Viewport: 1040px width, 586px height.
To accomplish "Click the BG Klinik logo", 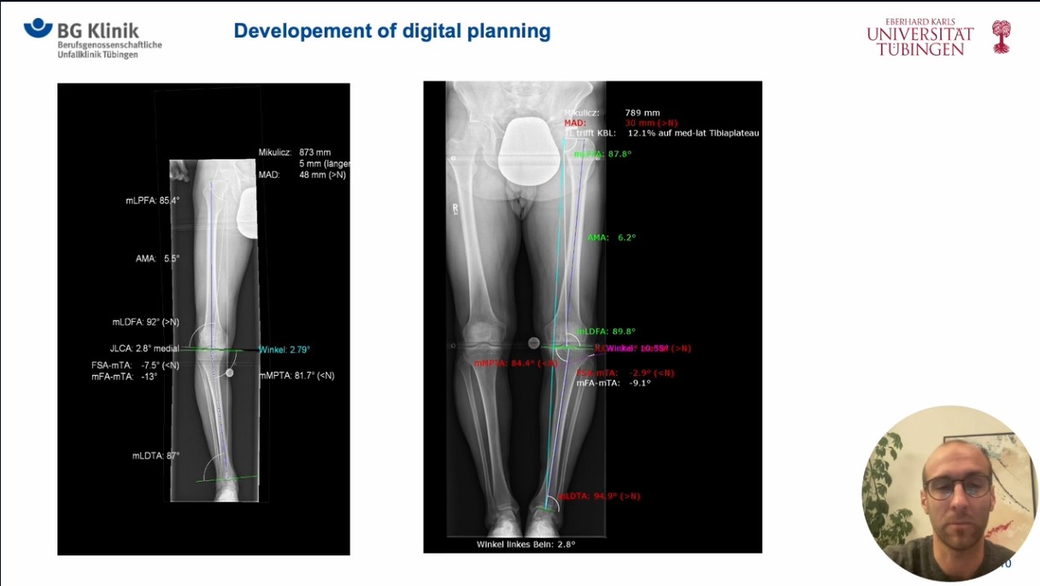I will pos(92,38).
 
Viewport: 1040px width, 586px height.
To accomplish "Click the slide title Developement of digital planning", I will pos(391,32).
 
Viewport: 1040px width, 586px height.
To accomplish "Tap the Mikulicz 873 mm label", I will pos(295,152).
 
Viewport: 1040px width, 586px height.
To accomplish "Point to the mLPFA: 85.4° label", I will pos(152,201).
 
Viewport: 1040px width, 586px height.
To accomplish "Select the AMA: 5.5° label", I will pos(157,258).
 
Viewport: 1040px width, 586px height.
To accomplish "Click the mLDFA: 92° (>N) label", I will pos(145,322).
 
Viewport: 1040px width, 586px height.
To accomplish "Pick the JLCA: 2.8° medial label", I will pos(144,349).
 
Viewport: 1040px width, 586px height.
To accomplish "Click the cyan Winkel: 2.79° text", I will pos(285,349).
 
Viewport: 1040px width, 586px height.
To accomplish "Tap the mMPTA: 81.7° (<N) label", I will pos(297,375).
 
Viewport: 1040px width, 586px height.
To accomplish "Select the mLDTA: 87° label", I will pos(156,456).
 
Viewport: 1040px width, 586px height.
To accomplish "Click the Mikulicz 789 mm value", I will pos(642,113).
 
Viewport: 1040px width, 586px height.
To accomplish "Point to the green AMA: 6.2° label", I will pos(611,237).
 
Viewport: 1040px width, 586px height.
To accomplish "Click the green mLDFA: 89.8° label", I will pos(606,331).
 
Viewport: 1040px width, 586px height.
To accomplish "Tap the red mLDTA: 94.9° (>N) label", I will pos(599,496).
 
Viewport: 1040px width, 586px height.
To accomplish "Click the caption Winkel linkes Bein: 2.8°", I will pos(526,544).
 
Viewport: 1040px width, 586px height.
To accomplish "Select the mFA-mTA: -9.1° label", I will pos(613,384).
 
